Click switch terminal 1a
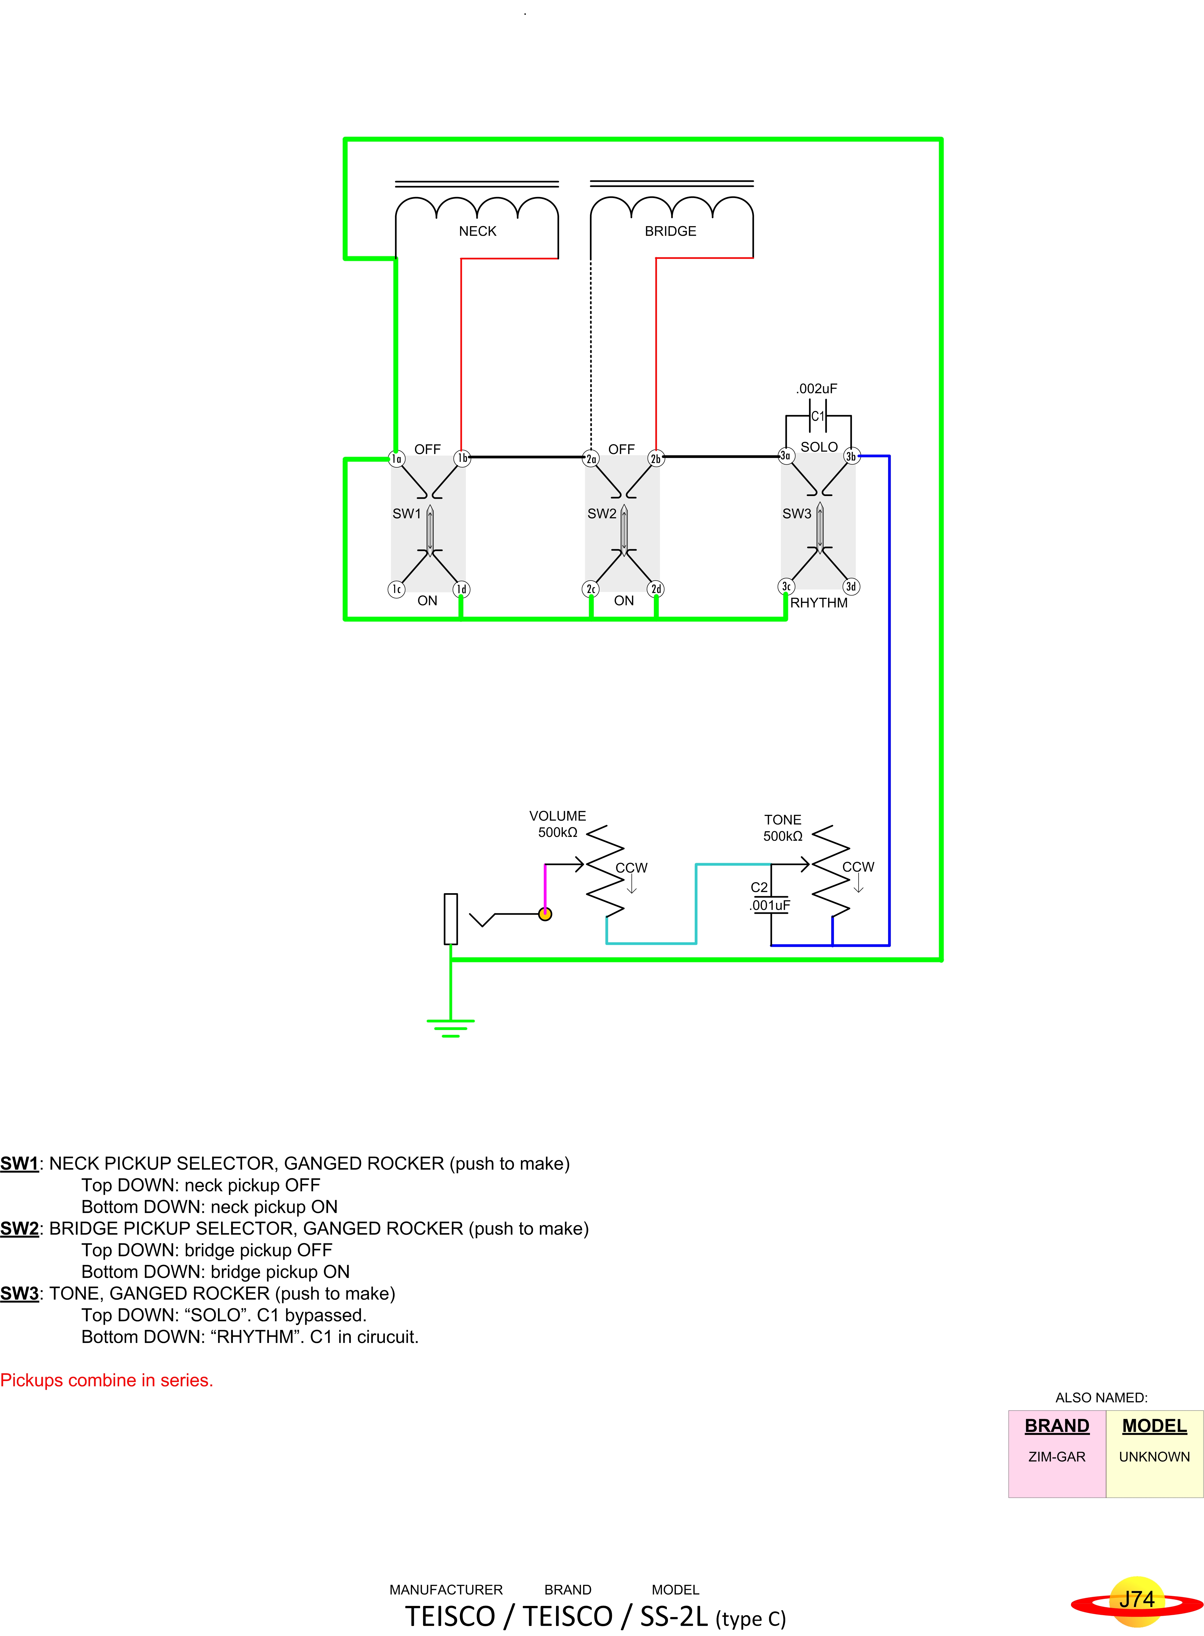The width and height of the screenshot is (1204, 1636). (x=397, y=458)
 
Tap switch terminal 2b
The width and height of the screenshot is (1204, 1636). (x=656, y=458)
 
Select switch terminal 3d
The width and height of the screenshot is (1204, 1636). (x=851, y=587)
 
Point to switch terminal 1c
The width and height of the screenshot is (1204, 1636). (x=397, y=589)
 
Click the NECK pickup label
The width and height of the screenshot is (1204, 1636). (x=477, y=231)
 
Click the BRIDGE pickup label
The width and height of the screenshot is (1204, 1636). (x=670, y=231)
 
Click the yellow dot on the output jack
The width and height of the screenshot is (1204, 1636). (x=545, y=914)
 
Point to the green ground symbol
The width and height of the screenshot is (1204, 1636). (x=450, y=1028)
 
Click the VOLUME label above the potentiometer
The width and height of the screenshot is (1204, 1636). (x=557, y=816)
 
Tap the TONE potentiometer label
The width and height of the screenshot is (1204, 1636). (x=783, y=820)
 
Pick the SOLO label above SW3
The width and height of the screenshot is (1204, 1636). (x=819, y=447)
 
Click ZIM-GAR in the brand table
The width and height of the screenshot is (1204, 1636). (x=1057, y=1457)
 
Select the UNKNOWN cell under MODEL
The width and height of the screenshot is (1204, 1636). (x=1154, y=1457)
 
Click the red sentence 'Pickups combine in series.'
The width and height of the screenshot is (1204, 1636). (x=106, y=1380)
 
